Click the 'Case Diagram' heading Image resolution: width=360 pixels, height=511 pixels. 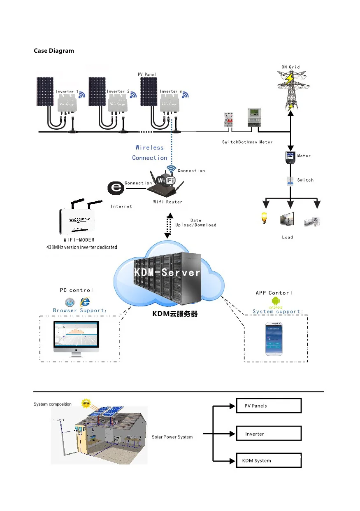click(x=54, y=51)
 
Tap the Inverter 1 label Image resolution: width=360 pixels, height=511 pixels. click(x=67, y=91)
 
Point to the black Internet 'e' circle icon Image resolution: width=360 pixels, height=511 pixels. click(x=116, y=189)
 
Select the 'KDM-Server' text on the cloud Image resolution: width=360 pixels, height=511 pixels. click(x=167, y=273)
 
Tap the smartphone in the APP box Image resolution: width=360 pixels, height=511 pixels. click(x=276, y=339)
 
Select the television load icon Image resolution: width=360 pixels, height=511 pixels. click(x=288, y=219)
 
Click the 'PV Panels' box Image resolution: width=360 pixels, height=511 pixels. click(x=269, y=406)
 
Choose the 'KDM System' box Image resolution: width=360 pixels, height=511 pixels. click(x=269, y=460)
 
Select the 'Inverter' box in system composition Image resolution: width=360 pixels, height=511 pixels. click(x=269, y=434)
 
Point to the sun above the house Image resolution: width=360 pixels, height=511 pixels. click(x=86, y=403)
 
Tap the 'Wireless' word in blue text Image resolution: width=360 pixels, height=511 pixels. click(x=149, y=147)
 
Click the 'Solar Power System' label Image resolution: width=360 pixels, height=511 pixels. click(x=172, y=437)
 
